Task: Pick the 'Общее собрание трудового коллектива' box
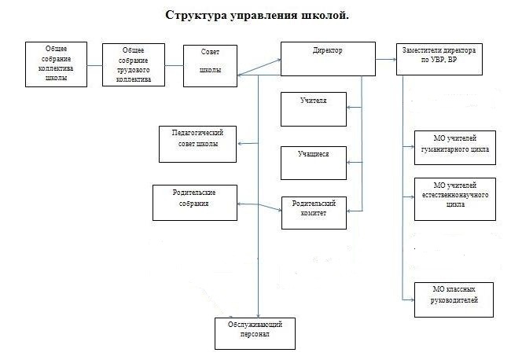click(x=134, y=64)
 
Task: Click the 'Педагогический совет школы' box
click(x=197, y=144)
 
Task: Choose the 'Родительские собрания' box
click(x=193, y=201)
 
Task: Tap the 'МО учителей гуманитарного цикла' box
click(x=455, y=147)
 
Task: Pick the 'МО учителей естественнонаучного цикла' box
click(x=455, y=199)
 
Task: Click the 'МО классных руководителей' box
click(x=455, y=299)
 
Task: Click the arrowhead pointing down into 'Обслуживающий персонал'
click(x=259, y=313)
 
